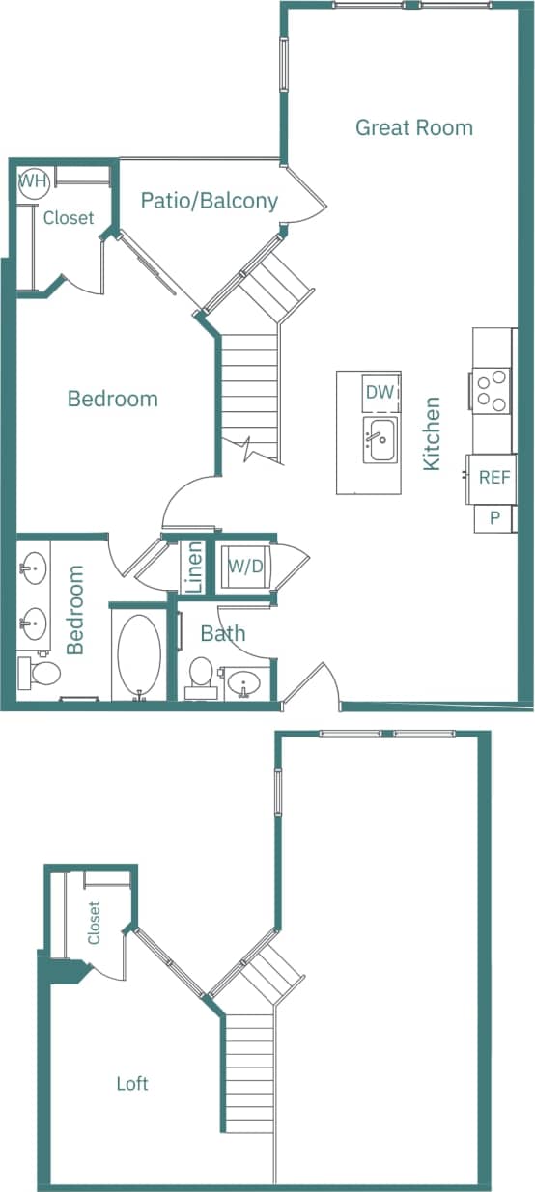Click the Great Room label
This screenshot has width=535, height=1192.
(x=414, y=127)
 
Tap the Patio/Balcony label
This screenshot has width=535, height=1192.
(x=210, y=201)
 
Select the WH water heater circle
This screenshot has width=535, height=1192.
(x=32, y=181)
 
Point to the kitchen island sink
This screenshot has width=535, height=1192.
(x=380, y=441)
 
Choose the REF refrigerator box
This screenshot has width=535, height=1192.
(x=494, y=478)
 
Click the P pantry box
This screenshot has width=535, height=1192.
(x=494, y=518)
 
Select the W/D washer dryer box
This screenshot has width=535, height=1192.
(x=245, y=567)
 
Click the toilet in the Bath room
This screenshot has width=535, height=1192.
(x=201, y=676)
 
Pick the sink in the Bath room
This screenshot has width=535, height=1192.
(x=245, y=682)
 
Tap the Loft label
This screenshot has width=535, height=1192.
(x=132, y=1084)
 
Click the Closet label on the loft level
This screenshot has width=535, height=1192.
(x=94, y=924)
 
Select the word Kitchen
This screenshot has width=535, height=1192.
(x=432, y=433)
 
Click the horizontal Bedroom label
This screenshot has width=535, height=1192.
(x=112, y=399)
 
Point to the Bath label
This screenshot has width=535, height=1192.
(x=223, y=634)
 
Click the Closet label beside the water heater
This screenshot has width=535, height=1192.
(x=69, y=218)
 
